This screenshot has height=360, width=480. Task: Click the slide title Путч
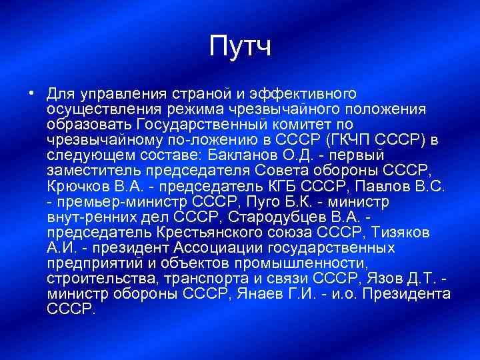tap(240, 47)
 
